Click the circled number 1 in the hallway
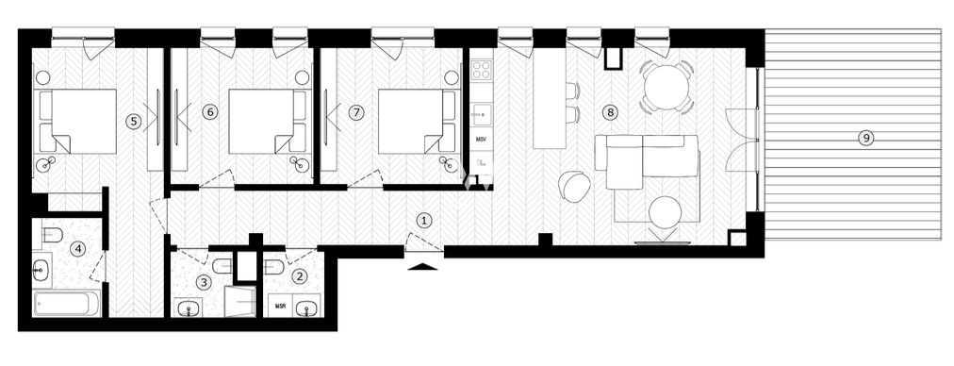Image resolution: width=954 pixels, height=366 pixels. point(424,220)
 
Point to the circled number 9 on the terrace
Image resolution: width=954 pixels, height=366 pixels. point(864,138)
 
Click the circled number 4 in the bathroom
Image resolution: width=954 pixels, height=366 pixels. point(79,249)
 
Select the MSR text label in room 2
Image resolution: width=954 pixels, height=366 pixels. point(280,306)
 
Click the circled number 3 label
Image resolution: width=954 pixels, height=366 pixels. point(203,280)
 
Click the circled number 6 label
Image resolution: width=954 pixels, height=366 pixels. point(210,112)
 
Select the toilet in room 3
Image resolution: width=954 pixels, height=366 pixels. point(220,266)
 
